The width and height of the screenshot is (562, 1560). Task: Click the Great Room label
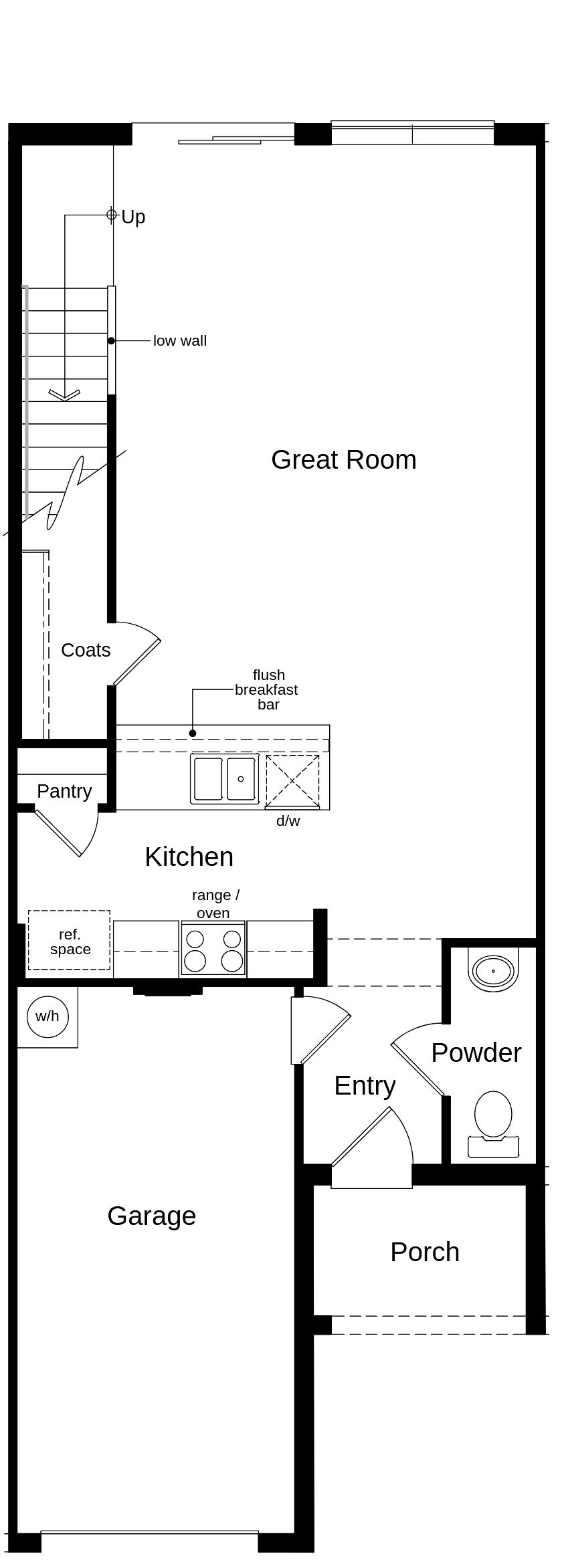pos(343,460)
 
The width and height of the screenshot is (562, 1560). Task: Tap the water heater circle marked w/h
pos(47,1016)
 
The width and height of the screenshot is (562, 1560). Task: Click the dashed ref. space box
pos(70,941)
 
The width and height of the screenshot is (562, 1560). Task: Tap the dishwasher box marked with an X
pos(292,780)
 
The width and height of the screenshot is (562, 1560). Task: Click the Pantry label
pos(64,791)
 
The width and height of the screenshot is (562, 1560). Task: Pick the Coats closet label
pos(86,650)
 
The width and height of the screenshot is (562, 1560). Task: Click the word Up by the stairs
pos(133,217)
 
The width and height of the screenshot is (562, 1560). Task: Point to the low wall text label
pos(180,341)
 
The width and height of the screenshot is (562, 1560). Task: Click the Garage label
pos(151,1216)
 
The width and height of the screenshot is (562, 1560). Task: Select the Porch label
pos(425,1252)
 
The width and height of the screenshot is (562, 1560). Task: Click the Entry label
pos(365,1085)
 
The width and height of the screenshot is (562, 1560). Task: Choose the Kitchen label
pos(189,857)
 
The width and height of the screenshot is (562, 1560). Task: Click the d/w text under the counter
pos(288,821)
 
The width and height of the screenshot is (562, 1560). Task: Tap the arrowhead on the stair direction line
pos(64,396)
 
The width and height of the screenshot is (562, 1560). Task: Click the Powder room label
pos(476,1052)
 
